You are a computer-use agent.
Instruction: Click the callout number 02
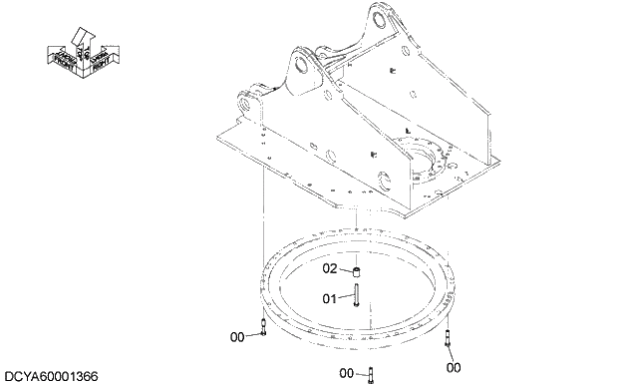(331, 268)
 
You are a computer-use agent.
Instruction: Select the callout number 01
(331, 296)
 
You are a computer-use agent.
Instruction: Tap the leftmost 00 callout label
(237, 337)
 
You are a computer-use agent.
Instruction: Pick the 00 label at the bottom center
(347, 373)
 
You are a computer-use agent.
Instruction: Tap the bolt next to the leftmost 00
(261, 327)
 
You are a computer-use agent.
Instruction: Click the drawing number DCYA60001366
(51, 376)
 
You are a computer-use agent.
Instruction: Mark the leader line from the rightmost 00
(452, 354)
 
